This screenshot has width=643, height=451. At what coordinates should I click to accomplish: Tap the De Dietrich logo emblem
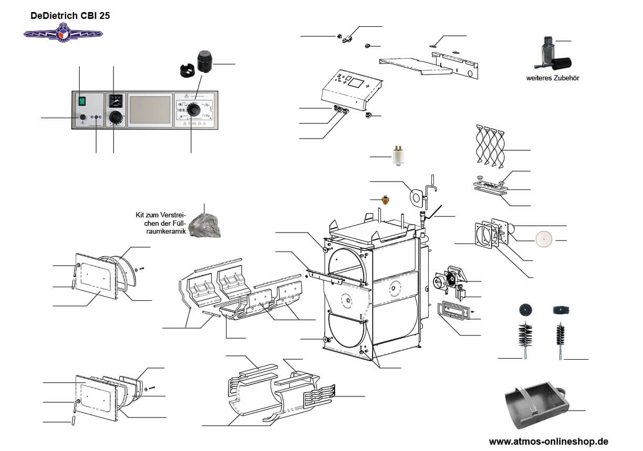[x=63, y=33]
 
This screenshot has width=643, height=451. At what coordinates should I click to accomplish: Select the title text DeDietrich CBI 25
[x=70, y=16]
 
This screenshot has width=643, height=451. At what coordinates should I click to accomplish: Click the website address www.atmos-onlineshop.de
[x=548, y=441]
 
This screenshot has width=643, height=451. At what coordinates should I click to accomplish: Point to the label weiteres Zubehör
[x=549, y=78]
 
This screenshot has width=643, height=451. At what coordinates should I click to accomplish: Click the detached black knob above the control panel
[x=205, y=62]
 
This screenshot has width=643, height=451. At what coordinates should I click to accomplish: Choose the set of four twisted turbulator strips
[x=490, y=145]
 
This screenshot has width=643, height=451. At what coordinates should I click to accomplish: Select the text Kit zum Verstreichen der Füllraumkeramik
[x=161, y=223]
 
